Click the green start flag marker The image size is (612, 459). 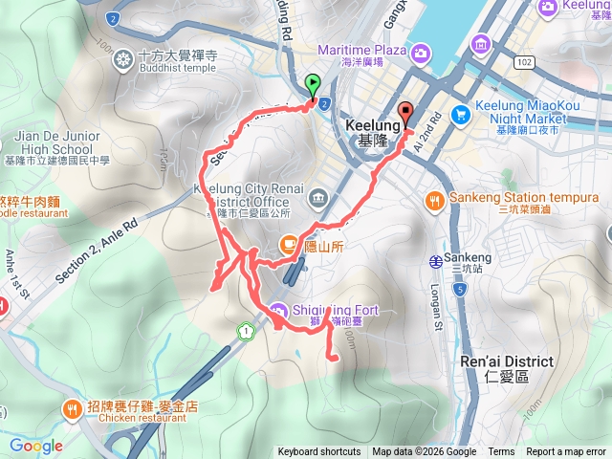313,85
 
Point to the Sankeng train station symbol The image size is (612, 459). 435,259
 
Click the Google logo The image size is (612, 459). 36,446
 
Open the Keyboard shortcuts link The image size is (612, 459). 319,452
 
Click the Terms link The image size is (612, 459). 501,452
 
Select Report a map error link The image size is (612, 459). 566,452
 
